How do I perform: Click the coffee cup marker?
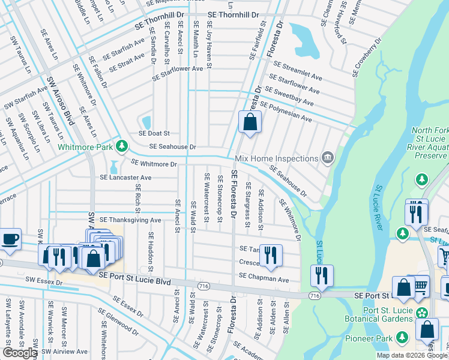(10, 239)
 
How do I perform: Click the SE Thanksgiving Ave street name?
(130, 220)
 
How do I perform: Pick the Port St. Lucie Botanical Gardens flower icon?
(421, 313)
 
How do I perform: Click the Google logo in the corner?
(19, 352)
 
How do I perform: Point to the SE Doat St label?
(154, 133)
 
